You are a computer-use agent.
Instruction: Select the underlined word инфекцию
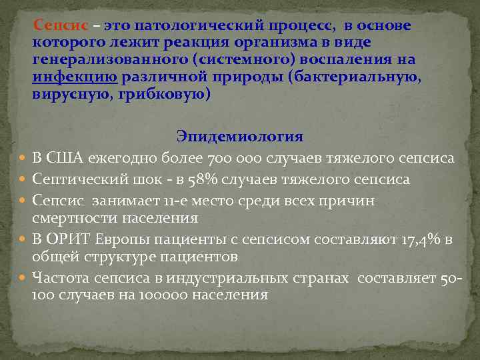(x=75, y=77)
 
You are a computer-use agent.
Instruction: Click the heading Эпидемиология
(x=240, y=137)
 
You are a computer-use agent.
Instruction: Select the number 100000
(x=163, y=294)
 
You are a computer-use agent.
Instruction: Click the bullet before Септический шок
(x=23, y=180)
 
